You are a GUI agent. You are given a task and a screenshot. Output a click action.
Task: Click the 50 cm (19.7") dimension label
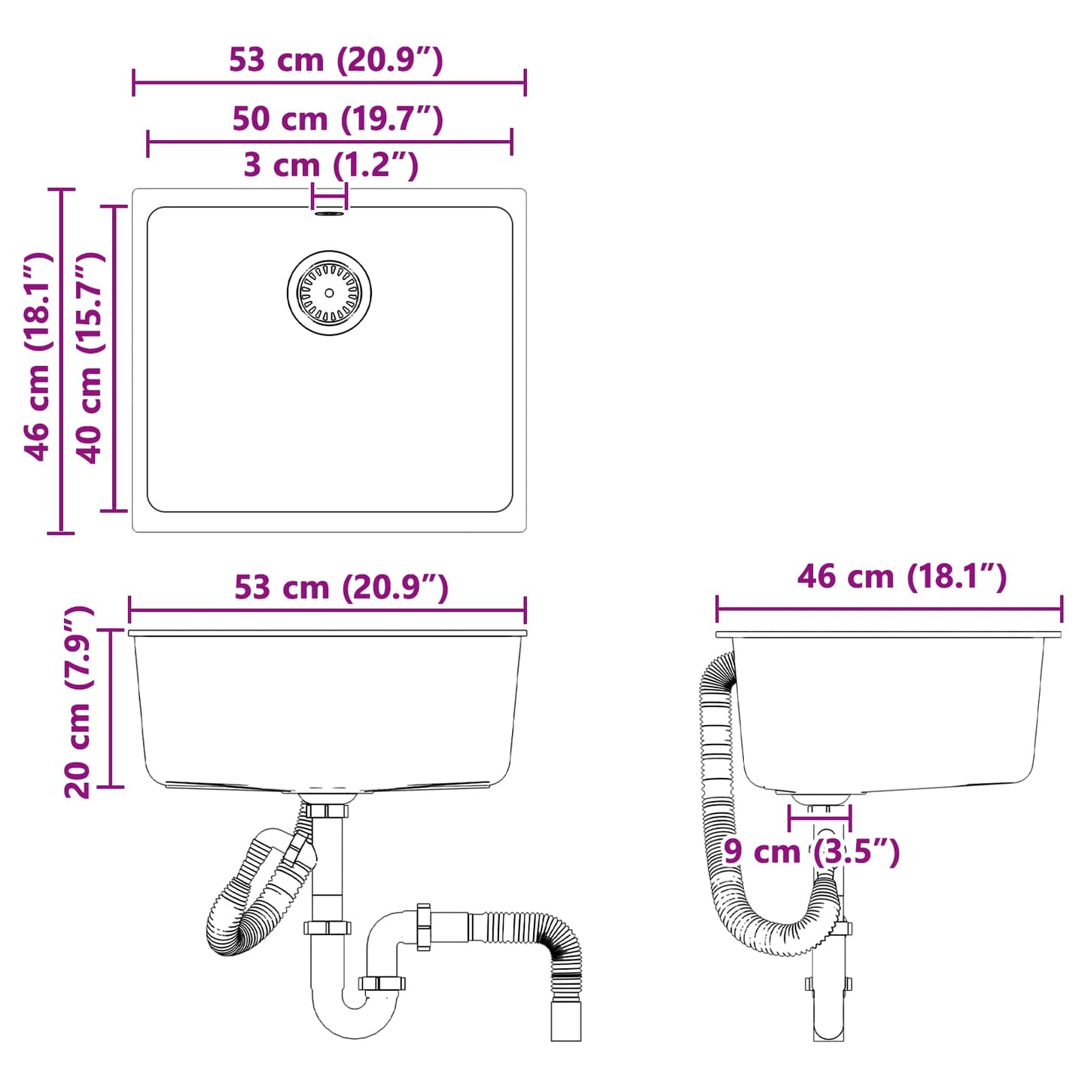[x=337, y=119]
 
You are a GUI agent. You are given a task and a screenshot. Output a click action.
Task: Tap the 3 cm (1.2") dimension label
[x=331, y=165]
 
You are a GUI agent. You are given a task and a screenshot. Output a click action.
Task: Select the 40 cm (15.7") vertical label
[x=90, y=358]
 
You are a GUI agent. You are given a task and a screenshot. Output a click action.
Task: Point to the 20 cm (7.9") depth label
[x=78, y=702]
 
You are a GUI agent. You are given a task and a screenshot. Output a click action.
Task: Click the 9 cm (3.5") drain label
[x=812, y=852]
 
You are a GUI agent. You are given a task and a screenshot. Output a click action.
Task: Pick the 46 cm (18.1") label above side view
[x=901, y=577]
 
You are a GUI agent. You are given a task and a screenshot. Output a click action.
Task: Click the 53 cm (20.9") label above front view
[x=341, y=588]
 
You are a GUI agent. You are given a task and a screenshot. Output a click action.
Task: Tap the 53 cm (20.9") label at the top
[x=336, y=60]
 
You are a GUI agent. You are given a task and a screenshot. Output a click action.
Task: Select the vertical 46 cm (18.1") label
[x=38, y=356]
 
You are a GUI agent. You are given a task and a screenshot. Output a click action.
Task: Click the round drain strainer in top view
[x=329, y=293]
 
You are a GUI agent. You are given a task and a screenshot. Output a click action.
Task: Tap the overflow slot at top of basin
[x=329, y=214]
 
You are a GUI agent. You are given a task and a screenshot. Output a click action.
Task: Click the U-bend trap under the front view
[x=354, y=1009]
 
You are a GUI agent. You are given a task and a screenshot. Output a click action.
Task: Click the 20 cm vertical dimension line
[x=111, y=708]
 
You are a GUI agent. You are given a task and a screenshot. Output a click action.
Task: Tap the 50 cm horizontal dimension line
[x=329, y=142]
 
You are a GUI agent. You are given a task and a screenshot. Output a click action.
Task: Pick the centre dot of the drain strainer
[x=329, y=293]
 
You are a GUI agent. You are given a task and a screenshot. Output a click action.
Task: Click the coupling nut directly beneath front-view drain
[x=327, y=811]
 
